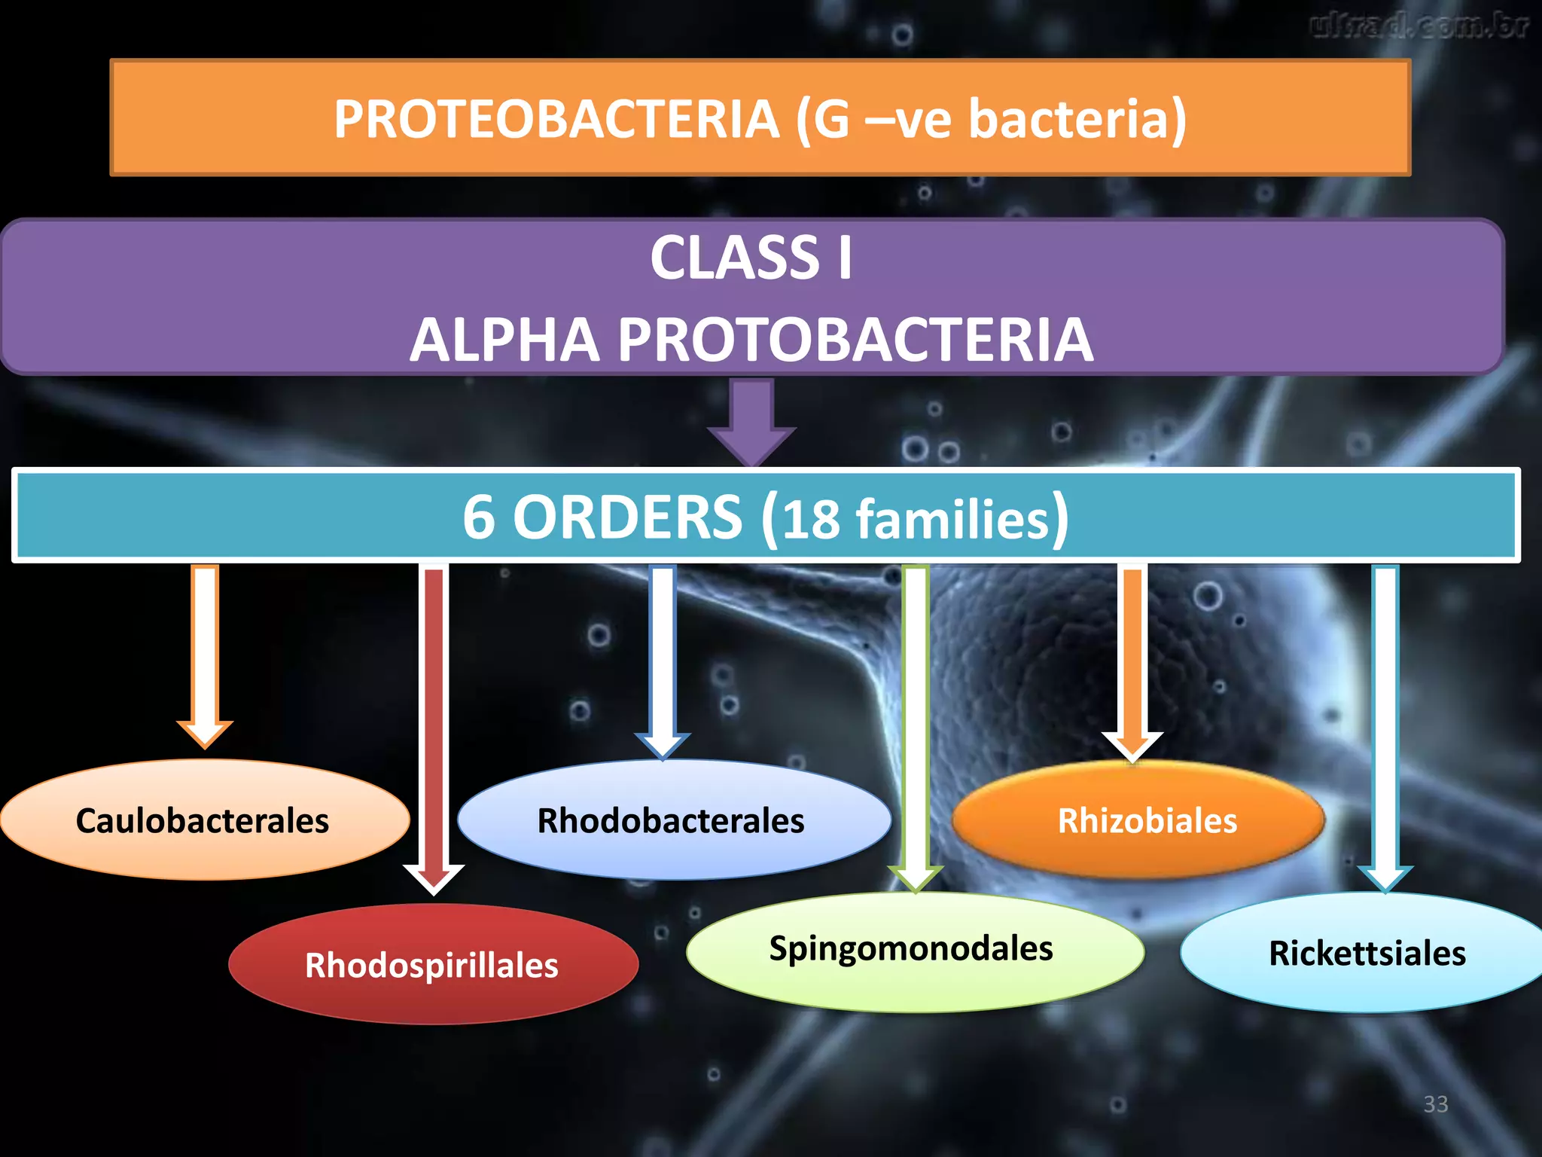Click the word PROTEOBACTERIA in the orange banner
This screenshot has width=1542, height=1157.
coord(556,119)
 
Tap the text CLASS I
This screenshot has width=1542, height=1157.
coord(751,258)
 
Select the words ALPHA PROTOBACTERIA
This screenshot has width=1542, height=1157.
coord(751,340)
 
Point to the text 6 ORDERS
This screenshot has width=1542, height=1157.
coord(602,517)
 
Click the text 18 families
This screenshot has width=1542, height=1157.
coord(915,519)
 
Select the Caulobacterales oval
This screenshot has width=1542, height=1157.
coord(203,820)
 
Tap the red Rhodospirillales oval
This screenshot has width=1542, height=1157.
coord(432,965)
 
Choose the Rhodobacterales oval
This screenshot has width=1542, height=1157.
coord(672,820)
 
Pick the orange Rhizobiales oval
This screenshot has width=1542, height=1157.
coord(1140,820)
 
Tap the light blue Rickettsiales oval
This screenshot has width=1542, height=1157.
coord(1366,953)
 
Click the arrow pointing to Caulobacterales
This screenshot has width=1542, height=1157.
coord(205,655)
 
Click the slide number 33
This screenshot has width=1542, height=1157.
coord(1435,1104)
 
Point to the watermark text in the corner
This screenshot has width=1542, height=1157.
coord(1419,26)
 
